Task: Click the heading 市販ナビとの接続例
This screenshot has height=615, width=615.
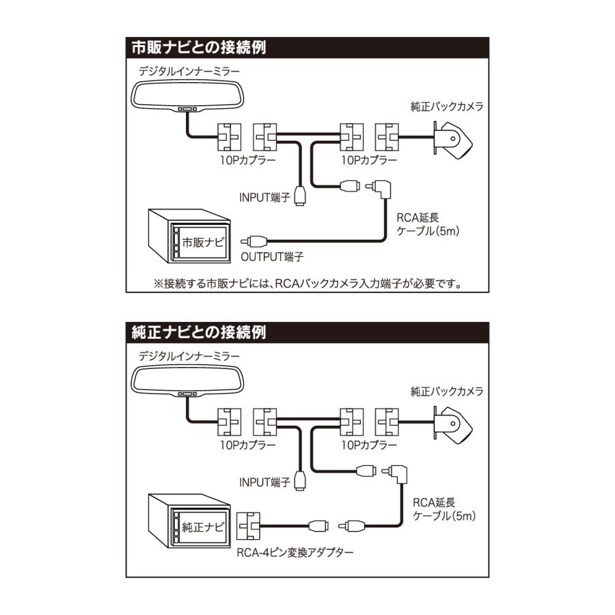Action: (x=198, y=49)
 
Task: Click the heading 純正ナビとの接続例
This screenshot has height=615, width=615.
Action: (x=198, y=333)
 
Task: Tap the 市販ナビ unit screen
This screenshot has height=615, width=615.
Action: (x=202, y=241)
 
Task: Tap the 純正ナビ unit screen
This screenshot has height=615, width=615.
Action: (x=202, y=527)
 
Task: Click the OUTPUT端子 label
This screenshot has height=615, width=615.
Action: (x=272, y=258)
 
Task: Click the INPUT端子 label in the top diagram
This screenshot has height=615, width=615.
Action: (x=265, y=197)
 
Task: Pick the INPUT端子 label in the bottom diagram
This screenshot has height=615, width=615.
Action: (x=265, y=482)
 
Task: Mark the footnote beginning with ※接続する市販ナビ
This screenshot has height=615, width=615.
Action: (x=307, y=282)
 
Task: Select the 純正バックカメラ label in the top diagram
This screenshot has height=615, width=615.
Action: (x=447, y=107)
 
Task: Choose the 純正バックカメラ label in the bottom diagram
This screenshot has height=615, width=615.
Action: (x=447, y=392)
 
